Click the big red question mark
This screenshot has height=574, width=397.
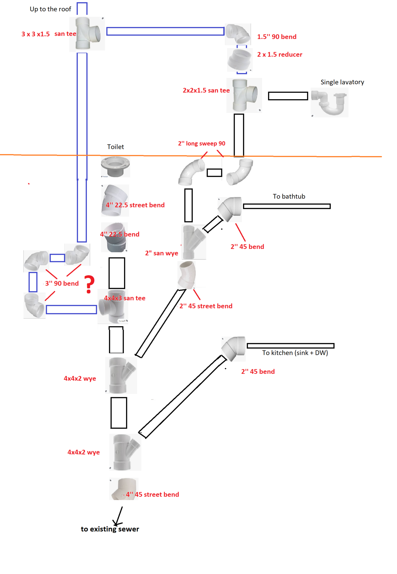coord(89,284)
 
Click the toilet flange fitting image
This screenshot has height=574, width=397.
coord(115,167)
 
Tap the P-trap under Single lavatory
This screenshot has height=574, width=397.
coord(330,103)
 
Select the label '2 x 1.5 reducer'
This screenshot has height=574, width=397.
coord(279,55)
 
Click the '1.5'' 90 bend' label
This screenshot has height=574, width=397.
coord(276,37)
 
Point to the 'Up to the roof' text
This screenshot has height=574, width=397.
coord(50,9)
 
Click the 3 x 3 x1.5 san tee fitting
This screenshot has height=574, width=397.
coord(87,34)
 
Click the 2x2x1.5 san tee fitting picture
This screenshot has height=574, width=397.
coord(244,95)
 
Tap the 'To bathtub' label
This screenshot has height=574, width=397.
coord(289,196)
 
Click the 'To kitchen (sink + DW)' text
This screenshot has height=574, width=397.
coord(295,353)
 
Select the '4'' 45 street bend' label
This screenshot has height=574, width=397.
coord(152,495)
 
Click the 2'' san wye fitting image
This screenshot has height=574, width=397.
coord(194,242)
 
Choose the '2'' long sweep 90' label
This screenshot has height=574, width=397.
coord(201,143)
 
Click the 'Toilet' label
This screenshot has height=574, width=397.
coord(115,147)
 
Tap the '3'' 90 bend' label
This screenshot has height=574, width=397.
coord(62,284)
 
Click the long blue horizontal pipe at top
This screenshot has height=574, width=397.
coord(165,31)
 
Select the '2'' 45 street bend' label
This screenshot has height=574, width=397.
coord(206,306)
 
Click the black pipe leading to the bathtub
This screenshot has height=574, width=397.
coord(287,206)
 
